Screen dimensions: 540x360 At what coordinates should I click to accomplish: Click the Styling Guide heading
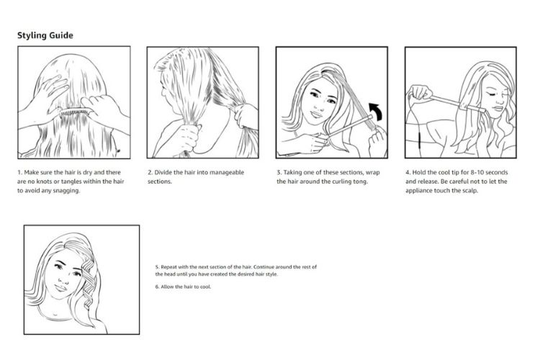45,35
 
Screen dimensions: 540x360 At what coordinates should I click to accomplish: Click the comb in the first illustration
76,112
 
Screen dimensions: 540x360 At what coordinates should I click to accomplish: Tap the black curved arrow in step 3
376,112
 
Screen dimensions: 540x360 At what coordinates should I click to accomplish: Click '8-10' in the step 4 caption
477,172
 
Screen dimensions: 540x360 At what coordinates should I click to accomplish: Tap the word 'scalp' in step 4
469,191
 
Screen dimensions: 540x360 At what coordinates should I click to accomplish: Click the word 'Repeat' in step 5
168,267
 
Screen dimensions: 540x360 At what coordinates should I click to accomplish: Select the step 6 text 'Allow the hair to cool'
186,287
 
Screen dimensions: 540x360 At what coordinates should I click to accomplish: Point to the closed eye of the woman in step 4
492,93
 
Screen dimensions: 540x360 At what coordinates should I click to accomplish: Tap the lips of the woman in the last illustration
61,288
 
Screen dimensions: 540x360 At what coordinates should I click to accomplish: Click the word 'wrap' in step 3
373,173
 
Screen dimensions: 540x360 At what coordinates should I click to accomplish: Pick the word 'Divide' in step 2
163,172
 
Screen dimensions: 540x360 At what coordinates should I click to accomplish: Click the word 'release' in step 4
427,181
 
